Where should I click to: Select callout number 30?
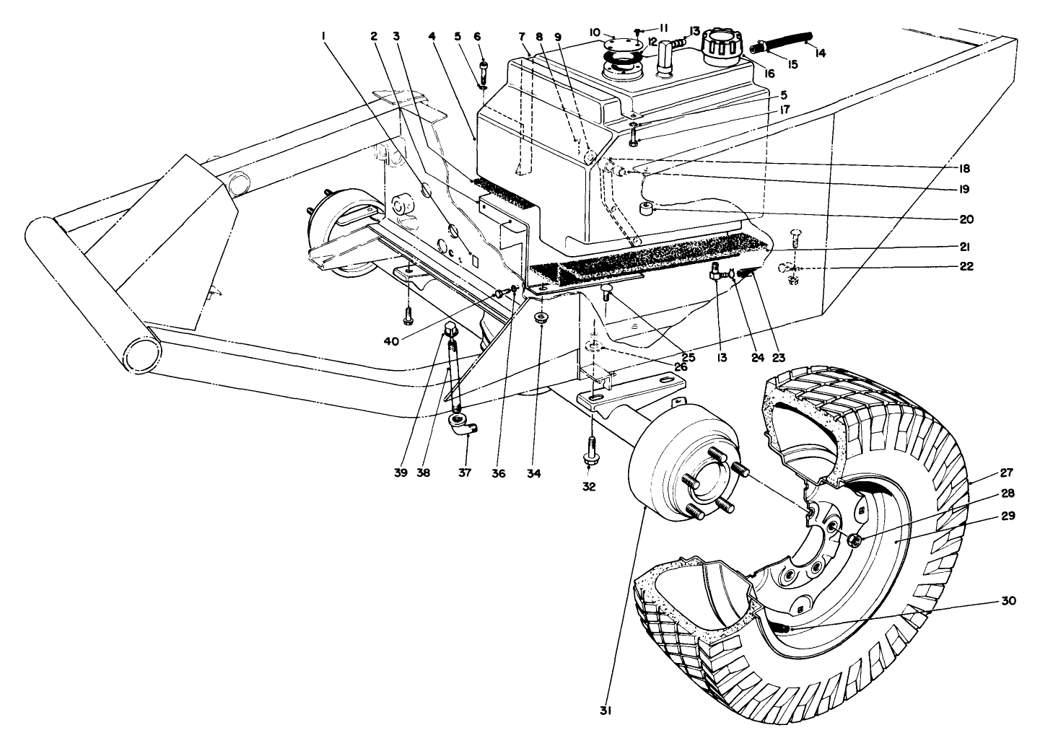[1008, 601]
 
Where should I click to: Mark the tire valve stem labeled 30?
[785, 629]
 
